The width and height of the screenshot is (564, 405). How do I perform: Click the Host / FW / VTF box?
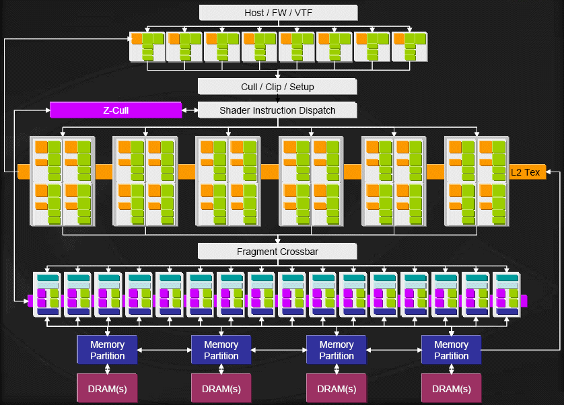point(277,13)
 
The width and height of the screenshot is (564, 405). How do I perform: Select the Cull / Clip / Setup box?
point(277,87)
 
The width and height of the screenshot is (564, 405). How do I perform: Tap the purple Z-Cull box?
point(116,110)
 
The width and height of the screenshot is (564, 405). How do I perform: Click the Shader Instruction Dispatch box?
point(277,110)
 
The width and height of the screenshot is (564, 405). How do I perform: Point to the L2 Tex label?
point(526,172)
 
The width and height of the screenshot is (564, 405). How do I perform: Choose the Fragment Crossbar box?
point(277,252)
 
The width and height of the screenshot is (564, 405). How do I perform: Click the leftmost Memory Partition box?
point(107,350)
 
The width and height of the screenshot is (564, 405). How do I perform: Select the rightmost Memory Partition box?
point(451,350)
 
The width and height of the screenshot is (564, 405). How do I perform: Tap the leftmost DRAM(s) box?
point(107,389)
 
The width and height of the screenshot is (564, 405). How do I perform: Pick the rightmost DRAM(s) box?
point(451,389)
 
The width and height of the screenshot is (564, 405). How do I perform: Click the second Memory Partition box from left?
point(221,350)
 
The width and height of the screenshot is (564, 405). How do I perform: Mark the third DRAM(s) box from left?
point(337,389)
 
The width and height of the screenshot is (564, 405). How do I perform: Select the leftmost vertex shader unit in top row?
point(147,46)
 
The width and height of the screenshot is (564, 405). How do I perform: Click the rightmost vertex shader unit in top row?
point(411,46)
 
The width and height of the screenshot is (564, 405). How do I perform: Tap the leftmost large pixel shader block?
point(63,181)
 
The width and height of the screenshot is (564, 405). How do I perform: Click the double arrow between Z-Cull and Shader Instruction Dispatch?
point(190,110)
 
